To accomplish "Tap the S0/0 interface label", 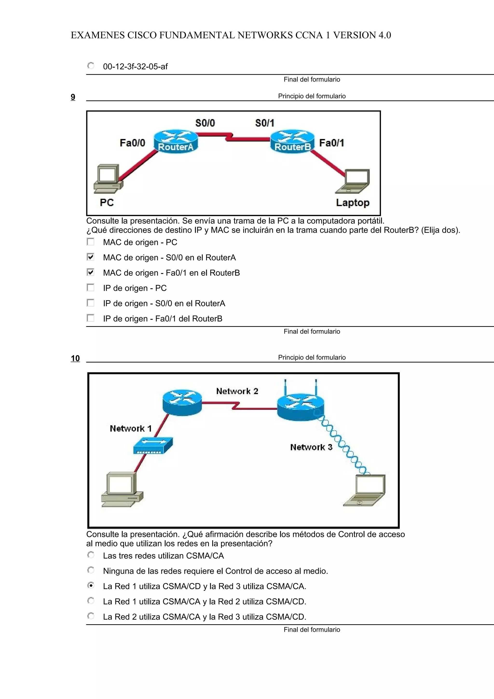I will click(205, 123).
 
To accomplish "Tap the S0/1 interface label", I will click(265, 123).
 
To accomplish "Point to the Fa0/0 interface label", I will click(132, 143).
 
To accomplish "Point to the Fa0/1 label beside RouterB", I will click(331, 143).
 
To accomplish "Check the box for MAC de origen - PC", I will click(90, 242).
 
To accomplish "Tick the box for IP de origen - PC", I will click(90, 288).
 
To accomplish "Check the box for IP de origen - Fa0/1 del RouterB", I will click(90, 318).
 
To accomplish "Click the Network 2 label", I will click(237, 391).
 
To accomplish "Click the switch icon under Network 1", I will click(153, 445).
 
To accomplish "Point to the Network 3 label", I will click(311, 447).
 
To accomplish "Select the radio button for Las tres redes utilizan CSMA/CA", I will click(91, 555).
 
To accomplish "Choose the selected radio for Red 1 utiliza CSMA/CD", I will click(91, 585).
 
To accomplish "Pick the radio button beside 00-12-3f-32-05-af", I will click(91, 66).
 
